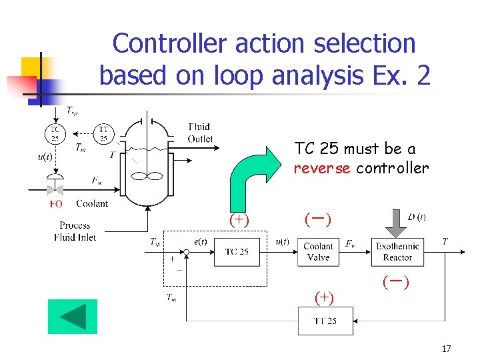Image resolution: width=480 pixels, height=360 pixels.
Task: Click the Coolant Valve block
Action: [318, 252]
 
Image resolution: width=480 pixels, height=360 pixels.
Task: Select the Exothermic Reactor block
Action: [397, 252]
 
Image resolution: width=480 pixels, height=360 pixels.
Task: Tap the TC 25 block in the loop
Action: [236, 252]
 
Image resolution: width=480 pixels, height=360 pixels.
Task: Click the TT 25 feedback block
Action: [325, 321]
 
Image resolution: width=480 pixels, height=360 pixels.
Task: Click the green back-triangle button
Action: [72, 317]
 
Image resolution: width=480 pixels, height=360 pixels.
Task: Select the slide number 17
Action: [446, 348]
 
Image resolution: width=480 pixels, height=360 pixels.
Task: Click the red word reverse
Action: [323, 168]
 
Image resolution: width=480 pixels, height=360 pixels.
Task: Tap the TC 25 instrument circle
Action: [55, 133]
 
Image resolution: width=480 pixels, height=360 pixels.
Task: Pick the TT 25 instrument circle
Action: [104, 133]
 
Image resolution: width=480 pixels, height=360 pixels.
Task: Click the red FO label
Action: [56, 204]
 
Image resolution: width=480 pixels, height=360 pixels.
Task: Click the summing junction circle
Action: [186, 252]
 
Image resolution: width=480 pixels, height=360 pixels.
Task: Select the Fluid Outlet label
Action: [199, 133]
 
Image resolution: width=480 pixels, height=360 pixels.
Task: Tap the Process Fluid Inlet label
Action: [75, 231]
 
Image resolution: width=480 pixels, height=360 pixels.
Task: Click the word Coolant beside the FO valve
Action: [92, 204]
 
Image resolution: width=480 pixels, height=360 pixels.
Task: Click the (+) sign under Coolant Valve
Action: [324, 297]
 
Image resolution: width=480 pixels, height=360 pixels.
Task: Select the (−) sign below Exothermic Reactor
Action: [395, 282]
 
